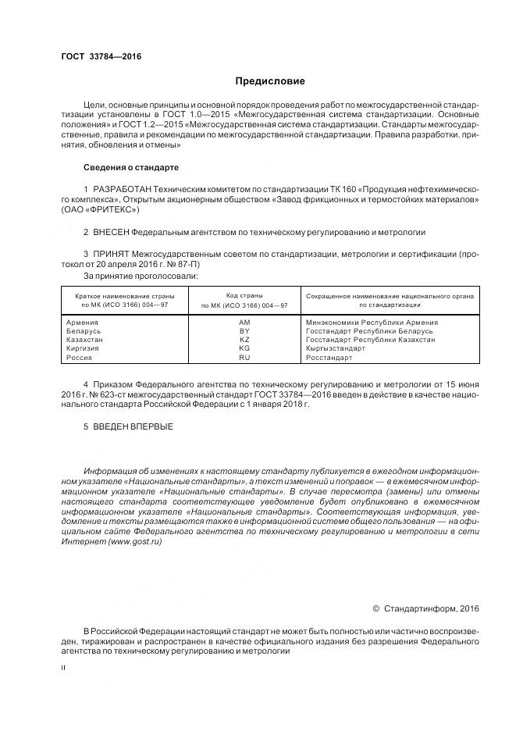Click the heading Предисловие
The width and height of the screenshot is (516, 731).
pos(271,81)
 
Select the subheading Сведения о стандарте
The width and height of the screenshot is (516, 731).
pos(130,168)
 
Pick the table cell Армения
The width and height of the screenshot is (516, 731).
pos(83,322)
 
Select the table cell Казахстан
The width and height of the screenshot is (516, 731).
pos(85,340)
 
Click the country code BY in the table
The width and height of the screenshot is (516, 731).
pos(244,331)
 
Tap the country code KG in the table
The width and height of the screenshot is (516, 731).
pos(244,348)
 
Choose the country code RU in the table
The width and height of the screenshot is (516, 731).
pos(244,358)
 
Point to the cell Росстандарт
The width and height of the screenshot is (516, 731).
pos(329,358)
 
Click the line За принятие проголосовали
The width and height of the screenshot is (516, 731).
pos(140,276)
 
